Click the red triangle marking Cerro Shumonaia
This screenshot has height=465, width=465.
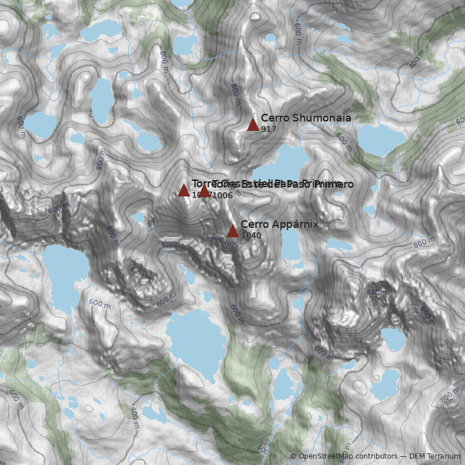[x=253, y=124]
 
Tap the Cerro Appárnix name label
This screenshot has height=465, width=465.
[x=280, y=224]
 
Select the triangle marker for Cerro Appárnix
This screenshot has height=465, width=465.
[x=233, y=231]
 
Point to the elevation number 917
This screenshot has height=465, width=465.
[x=269, y=129]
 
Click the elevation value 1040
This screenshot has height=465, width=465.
[x=251, y=235]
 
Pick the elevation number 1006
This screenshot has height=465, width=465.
[x=223, y=195]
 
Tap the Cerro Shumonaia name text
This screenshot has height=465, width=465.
[x=306, y=118]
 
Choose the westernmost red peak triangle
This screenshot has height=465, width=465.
[x=184, y=190]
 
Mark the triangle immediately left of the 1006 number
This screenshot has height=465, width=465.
[x=204, y=191]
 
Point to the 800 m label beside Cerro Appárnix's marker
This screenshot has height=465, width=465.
[x=220, y=238]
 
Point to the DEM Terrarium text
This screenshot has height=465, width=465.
[x=435, y=456]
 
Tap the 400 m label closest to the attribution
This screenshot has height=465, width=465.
[x=267, y=451]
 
